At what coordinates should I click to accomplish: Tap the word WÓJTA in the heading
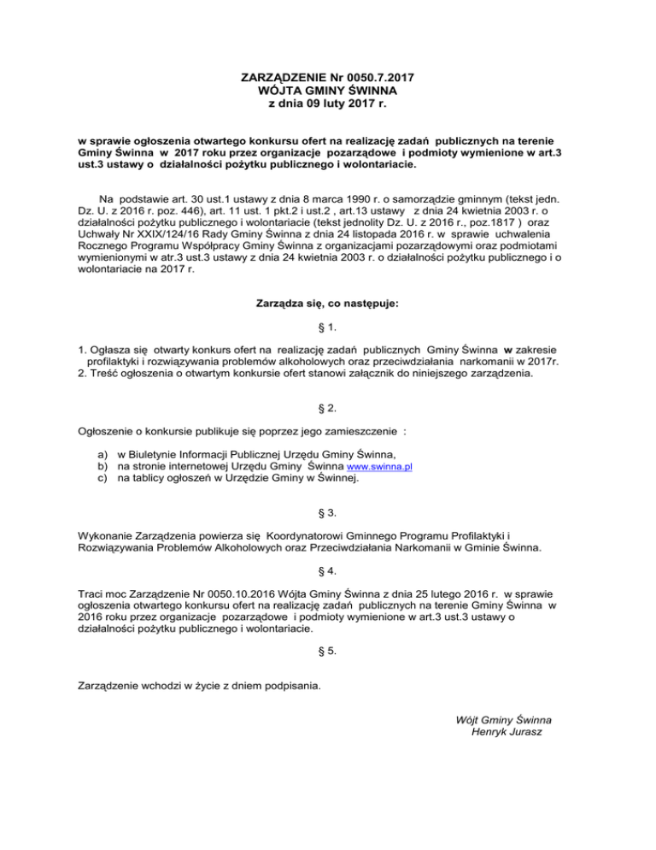275,91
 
